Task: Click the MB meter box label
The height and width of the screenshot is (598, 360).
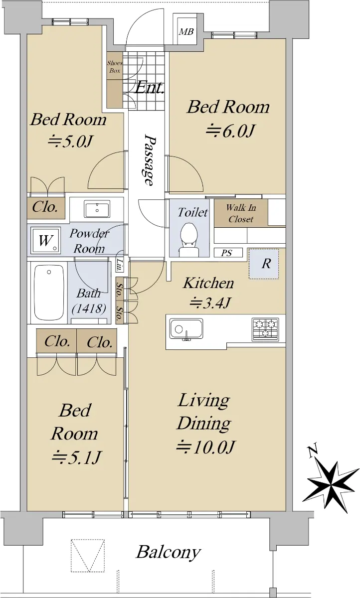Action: (186, 32)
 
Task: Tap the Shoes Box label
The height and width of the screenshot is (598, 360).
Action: (115, 67)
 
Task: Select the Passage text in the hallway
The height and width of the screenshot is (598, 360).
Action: (149, 159)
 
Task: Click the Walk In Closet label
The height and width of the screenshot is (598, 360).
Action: (241, 213)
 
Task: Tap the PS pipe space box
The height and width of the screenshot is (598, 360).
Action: (228, 253)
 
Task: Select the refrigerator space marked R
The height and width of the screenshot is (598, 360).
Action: (264, 264)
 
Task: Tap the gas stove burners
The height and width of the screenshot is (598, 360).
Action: (265, 329)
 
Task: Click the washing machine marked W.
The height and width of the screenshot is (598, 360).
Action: (45, 240)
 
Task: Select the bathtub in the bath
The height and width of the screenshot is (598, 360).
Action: (49, 292)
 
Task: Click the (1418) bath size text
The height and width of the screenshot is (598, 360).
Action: (89, 308)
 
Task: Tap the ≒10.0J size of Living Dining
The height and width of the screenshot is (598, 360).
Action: (205, 447)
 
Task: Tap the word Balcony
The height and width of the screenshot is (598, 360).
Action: (168, 552)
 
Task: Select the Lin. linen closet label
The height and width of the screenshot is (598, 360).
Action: (120, 265)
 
